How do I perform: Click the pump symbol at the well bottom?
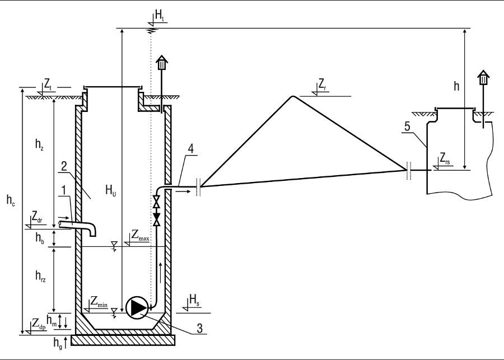click(137, 307)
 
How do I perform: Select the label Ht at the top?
click(160, 16)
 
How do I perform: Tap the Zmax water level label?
click(141, 236)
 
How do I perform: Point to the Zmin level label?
click(99, 302)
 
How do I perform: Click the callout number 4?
click(191, 149)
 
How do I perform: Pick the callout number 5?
click(407, 127)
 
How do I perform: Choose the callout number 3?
click(199, 329)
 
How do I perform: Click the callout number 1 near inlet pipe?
click(64, 190)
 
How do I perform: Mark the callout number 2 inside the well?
click(64, 166)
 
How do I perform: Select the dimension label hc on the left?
click(11, 200)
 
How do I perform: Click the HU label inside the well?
click(111, 190)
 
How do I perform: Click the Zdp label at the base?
click(39, 324)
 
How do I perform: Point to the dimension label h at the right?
click(456, 86)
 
